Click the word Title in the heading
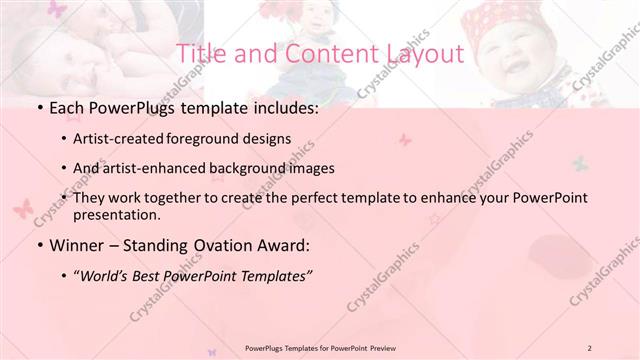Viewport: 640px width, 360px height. [x=200, y=53]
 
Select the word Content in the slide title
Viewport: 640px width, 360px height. [x=318, y=53]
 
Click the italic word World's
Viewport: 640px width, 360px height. [x=107, y=275]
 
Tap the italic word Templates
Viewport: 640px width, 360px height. [x=275, y=275]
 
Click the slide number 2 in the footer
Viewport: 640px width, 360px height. [x=590, y=347]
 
